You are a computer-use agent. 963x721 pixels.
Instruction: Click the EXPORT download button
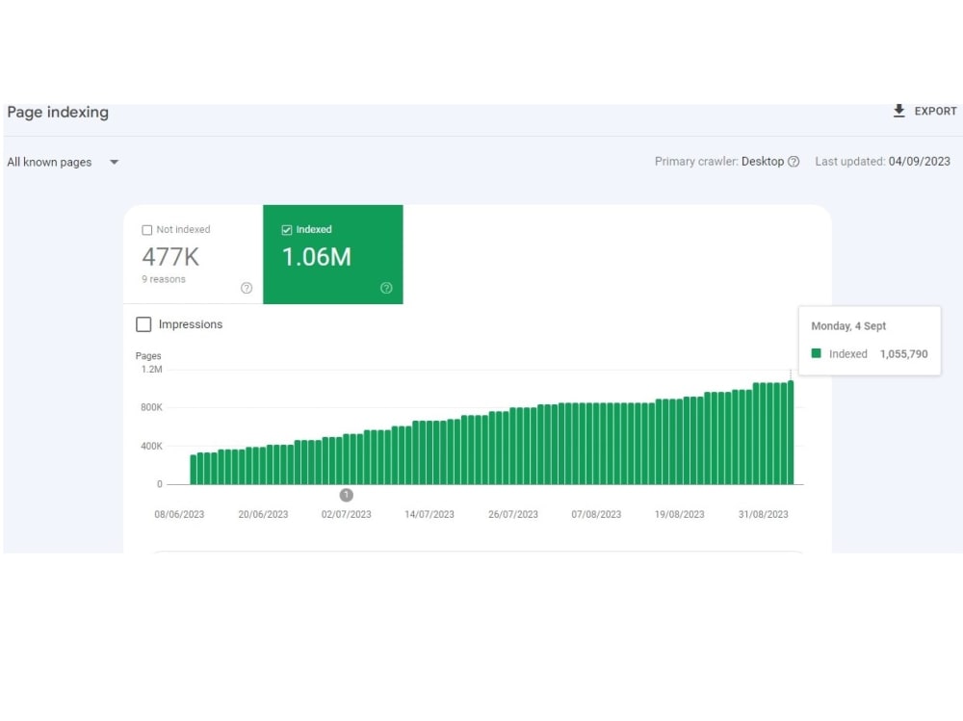click(x=924, y=111)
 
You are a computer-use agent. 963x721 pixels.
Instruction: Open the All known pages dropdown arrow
click(x=115, y=162)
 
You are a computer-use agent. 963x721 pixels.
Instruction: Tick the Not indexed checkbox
click(x=146, y=230)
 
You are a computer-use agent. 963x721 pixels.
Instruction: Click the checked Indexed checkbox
click(x=287, y=230)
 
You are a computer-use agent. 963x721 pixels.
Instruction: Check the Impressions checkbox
click(x=143, y=324)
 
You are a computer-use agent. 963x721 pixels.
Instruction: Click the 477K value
click(x=170, y=257)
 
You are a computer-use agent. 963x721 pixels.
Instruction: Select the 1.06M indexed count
click(x=316, y=257)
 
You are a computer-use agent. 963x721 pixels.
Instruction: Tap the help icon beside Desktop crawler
click(x=794, y=162)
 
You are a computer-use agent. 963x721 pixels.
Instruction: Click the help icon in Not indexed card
click(x=247, y=288)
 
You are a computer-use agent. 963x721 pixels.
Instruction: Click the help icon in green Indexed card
click(x=386, y=288)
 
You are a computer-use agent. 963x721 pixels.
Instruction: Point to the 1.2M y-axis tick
click(x=152, y=369)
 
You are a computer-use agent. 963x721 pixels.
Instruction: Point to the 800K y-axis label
click(x=152, y=407)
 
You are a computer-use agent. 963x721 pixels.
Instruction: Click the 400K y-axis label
click(x=152, y=446)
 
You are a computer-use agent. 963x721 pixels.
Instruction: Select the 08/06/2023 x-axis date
click(x=179, y=515)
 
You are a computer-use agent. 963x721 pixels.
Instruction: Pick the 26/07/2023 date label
click(x=513, y=515)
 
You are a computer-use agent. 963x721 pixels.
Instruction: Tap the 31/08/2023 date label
click(x=763, y=515)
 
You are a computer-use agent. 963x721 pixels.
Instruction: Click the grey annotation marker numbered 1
click(x=347, y=495)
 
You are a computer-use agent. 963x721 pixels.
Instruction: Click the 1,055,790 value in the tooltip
click(x=904, y=353)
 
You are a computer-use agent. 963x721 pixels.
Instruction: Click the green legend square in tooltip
click(x=817, y=353)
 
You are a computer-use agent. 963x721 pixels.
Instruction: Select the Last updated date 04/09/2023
click(x=920, y=162)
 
